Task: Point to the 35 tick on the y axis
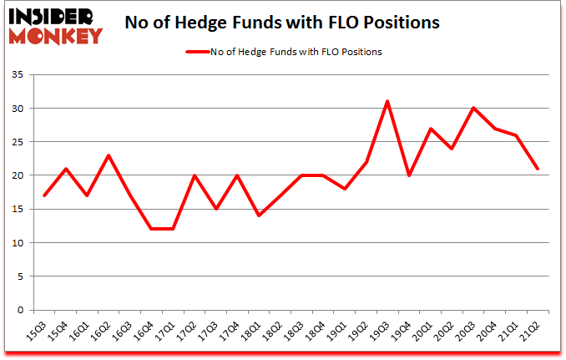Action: tap(23, 75)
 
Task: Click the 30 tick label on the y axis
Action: tap(23, 109)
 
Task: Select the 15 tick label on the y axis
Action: tap(23, 210)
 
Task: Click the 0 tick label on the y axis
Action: tap(25, 310)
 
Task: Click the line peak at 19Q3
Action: tap(387, 101)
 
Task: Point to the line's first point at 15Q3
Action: tap(43, 195)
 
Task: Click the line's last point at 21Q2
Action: tap(538, 169)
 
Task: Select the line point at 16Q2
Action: tap(109, 155)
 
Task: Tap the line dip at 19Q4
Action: tap(409, 175)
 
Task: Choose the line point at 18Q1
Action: tap(257, 215)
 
